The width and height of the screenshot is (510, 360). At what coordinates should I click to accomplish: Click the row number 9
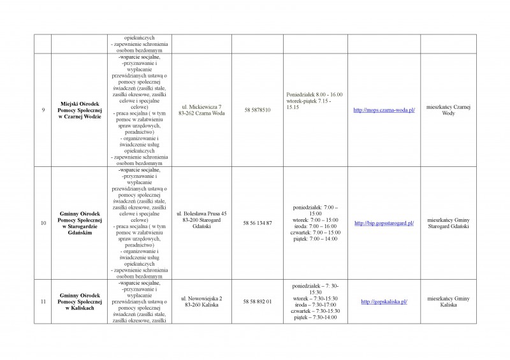coord(43,110)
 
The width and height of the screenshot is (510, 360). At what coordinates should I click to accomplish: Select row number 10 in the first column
coord(43,224)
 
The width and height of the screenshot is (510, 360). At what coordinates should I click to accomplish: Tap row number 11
coord(43,301)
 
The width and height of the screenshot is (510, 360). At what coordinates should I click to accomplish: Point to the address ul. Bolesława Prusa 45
coord(201,220)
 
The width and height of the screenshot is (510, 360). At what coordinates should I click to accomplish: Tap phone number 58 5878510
coord(257,110)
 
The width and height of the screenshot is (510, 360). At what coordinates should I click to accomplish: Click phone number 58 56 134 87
coord(257,223)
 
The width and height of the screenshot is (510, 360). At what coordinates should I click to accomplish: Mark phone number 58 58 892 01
coord(257,301)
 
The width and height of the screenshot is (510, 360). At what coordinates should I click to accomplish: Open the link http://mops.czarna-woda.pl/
coord(384,110)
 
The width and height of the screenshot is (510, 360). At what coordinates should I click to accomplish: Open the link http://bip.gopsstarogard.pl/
coord(384,223)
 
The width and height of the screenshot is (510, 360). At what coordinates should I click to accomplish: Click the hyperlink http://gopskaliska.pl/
coord(384,301)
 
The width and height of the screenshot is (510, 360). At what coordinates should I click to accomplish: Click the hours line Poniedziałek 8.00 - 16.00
coord(315,94)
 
